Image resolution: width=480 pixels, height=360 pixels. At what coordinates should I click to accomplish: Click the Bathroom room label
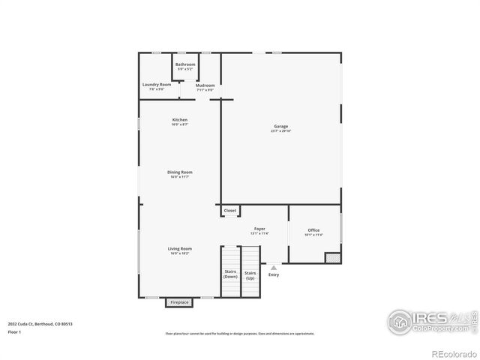[x=185, y=64]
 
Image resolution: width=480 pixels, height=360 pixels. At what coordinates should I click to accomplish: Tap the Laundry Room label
[x=157, y=85]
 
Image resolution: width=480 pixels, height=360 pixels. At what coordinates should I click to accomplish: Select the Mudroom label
[x=205, y=85]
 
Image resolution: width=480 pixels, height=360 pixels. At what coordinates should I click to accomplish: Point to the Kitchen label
[x=179, y=120]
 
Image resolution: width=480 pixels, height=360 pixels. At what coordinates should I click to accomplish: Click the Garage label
[x=280, y=127]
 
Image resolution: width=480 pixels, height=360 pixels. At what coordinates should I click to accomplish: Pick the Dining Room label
[x=180, y=172]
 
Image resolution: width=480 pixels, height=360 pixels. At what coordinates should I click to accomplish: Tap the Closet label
[x=229, y=211]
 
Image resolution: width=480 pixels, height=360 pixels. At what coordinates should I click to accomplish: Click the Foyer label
[x=259, y=228]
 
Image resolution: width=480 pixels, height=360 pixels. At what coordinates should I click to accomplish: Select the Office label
[x=313, y=230]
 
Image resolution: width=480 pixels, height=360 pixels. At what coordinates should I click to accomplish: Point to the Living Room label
[x=179, y=249]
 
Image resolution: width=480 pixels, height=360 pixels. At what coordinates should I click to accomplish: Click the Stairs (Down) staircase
[x=229, y=274]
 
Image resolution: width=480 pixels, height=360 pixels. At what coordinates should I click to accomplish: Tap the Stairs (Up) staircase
[x=250, y=274]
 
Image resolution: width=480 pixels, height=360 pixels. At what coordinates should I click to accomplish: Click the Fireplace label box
[x=178, y=303]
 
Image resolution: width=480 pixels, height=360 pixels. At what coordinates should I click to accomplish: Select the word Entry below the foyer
[x=273, y=274]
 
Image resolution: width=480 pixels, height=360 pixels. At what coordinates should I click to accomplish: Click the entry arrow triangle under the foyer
[x=273, y=265]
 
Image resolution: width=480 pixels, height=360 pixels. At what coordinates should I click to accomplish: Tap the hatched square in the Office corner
[x=331, y=257]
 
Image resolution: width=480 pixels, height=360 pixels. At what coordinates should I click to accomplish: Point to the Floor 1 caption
[x=15, y=331]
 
